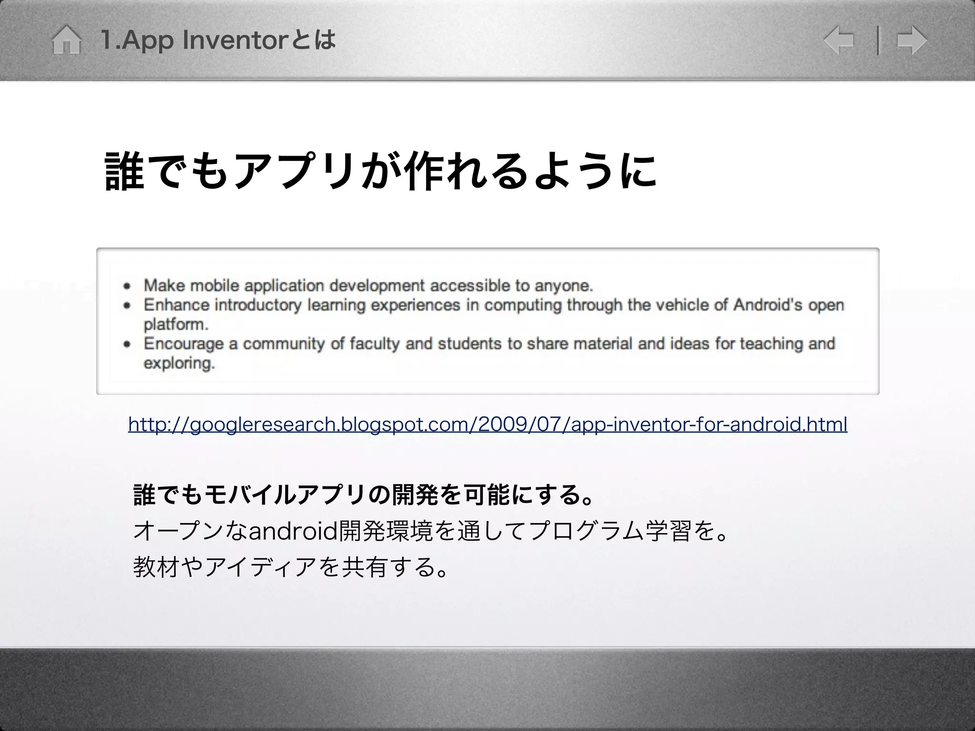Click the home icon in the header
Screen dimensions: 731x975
(66, 40)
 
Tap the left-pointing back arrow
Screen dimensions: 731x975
(839, 40)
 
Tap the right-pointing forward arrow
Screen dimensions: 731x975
(912, 40)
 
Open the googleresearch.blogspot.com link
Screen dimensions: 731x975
(487, 424)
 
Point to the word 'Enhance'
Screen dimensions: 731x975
(176, 305)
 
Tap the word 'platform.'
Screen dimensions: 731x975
(176, 325)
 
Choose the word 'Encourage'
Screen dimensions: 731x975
(183, 344)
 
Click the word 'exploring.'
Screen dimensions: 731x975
(179, 364)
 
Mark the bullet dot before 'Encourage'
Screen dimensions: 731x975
(127, 344)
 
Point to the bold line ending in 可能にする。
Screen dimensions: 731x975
(364, 495)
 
